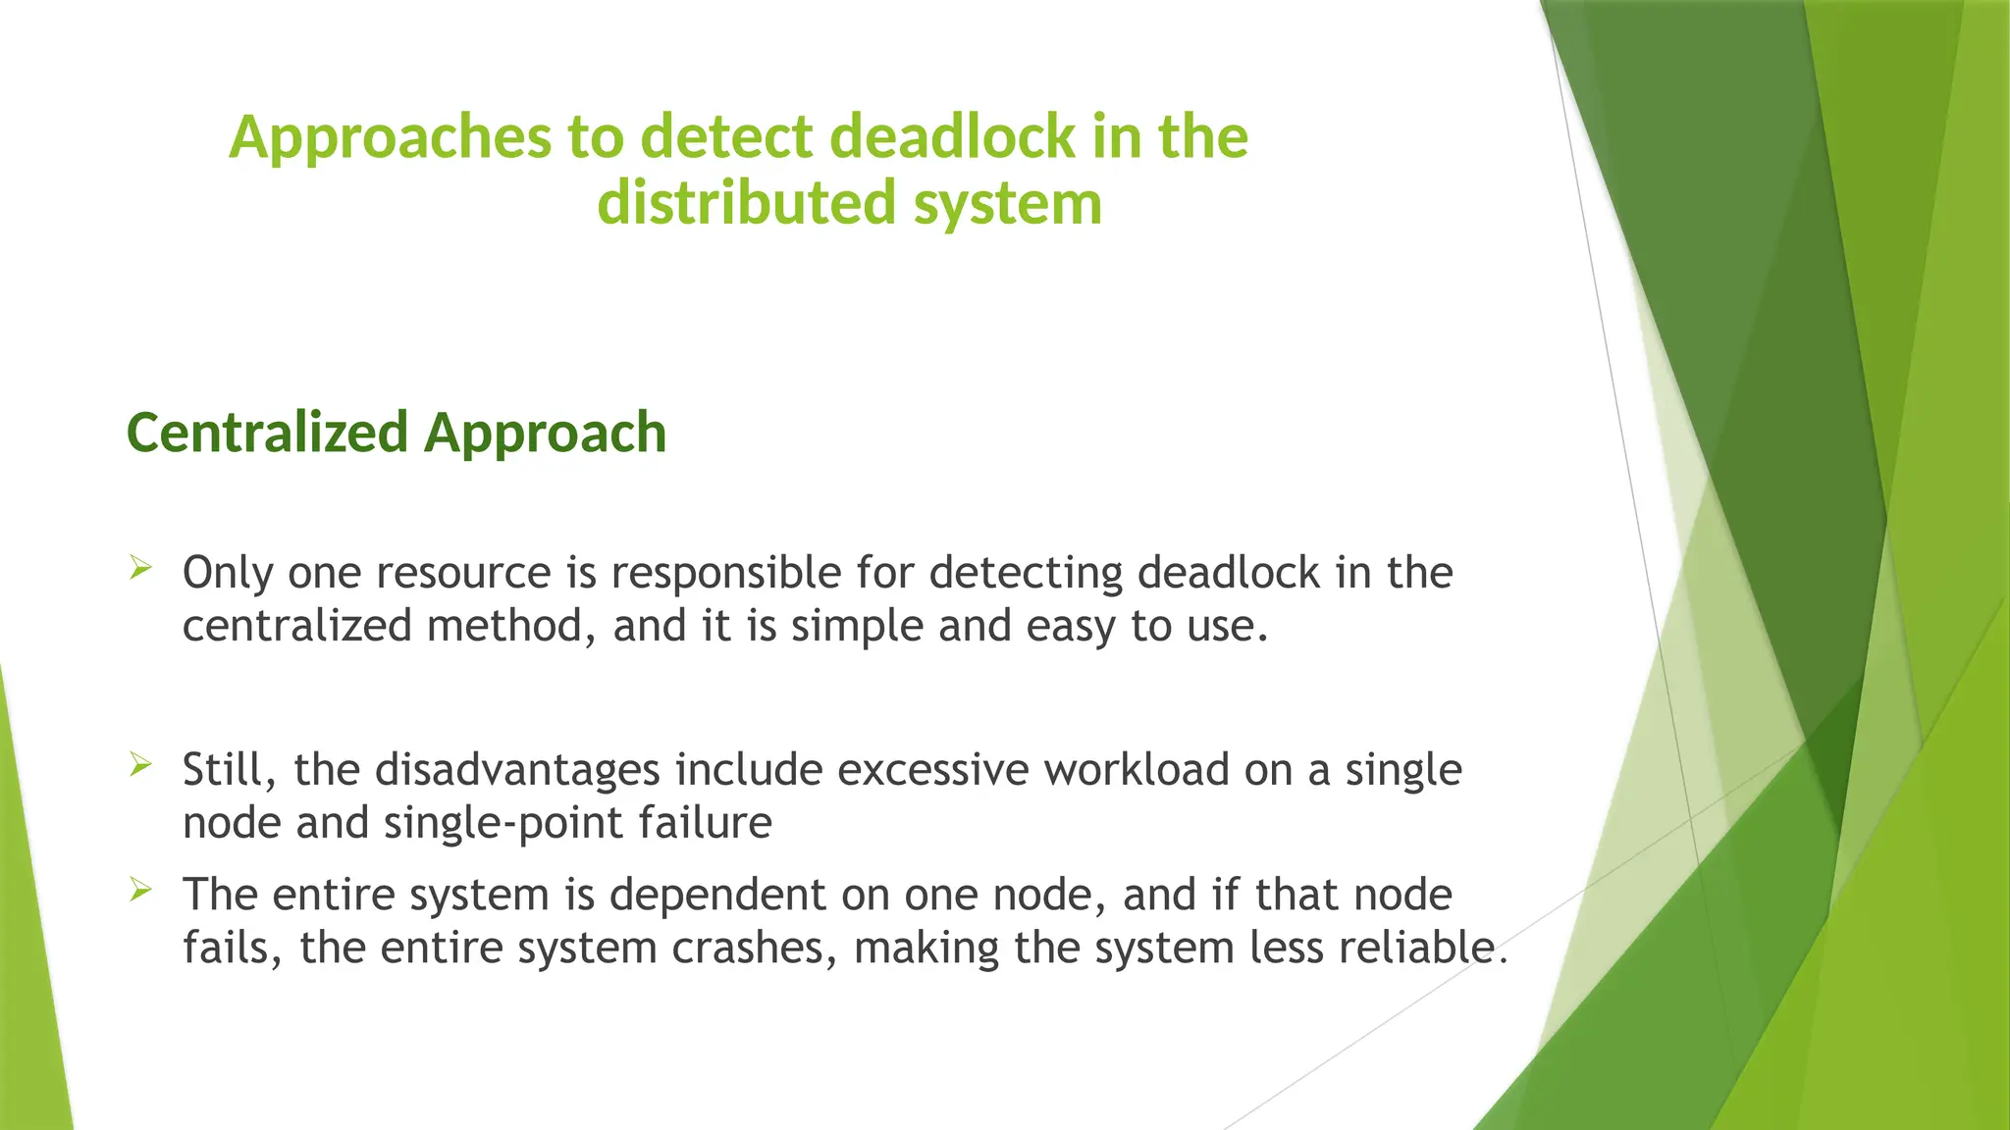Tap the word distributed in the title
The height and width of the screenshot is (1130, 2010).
click(x=746, y=203)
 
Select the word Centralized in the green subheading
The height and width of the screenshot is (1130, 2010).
click(x=267, y=433)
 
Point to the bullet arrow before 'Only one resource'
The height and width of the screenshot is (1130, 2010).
click(x=140, y=567)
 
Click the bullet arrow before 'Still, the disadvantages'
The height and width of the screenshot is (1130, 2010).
click(x=140, y=764)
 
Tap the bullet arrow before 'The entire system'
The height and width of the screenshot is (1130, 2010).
click(x=140, y=889)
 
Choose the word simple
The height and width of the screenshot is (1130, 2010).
click(x=857, y=627)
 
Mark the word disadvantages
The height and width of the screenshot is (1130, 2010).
click(x=517, y=771)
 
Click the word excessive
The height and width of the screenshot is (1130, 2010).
click(x=932, y=770)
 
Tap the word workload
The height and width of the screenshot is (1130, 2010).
click(x=1137, y=770)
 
